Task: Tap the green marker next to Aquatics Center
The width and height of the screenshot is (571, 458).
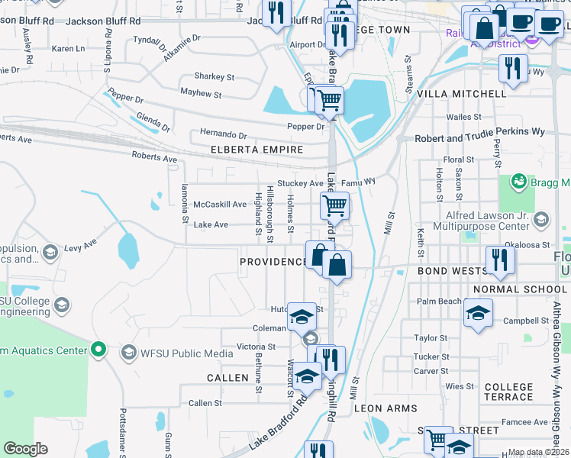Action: (98, 350)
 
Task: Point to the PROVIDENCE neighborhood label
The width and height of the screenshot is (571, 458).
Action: (273, 262)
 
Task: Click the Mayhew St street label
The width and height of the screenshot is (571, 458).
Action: (200, 95)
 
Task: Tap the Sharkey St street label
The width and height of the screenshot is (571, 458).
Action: (214, 76)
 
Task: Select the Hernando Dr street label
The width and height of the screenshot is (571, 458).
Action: (224, 134)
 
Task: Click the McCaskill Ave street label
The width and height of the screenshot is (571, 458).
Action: (220, 205)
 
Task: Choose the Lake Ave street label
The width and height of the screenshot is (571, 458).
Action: (210, 224)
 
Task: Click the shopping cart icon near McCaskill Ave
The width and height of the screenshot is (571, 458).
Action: (334, 205)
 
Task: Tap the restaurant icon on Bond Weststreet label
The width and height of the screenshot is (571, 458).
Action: (500, 258)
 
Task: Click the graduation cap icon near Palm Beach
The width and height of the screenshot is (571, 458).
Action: (478, 312)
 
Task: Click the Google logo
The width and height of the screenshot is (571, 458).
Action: (25, 448)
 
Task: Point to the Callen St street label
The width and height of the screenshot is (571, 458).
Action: (205, 403)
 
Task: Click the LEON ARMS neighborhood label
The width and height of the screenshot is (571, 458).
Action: (386, 408)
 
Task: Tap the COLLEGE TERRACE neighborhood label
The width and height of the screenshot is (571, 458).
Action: (508, 392)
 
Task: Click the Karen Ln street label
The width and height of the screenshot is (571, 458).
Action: (69, 49)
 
